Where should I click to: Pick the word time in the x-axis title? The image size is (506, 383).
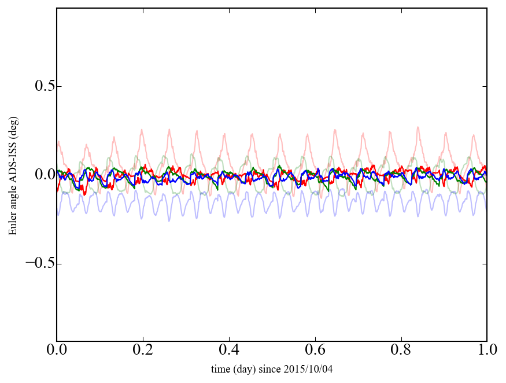coord(220,369)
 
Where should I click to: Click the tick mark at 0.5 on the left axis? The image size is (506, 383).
coord(58,86)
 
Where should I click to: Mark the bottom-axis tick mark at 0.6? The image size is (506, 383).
coord(315,339)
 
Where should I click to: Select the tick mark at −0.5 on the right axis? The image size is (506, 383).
coord(485,264)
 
